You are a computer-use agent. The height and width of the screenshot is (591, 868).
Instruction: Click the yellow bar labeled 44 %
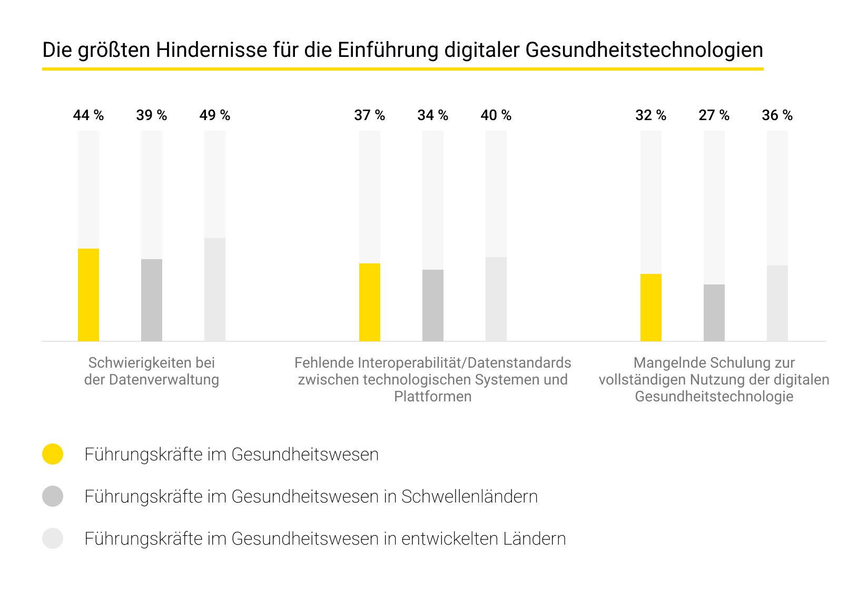coord(88,295)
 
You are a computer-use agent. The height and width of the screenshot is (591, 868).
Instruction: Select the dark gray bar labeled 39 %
coord(152,300)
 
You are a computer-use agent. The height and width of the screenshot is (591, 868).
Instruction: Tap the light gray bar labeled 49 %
coord(215,290)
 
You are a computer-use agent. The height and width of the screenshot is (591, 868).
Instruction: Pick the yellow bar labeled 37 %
coord(370,302)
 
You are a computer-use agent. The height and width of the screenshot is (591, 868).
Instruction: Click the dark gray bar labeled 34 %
coord(433,306)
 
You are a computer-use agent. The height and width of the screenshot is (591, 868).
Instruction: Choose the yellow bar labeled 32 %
coord(651,308)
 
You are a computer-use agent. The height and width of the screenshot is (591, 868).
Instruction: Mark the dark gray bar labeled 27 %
coord(714,313)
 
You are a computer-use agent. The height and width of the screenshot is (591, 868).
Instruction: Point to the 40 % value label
coord(496,115)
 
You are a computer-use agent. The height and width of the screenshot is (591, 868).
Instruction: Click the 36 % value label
coord(777,115)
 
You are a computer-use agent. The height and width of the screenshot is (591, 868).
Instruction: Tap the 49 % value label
coord(214,115)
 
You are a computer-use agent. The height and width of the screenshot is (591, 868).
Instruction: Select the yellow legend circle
coord(53,454)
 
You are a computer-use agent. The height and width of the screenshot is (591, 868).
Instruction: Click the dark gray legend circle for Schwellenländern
coord(53,496)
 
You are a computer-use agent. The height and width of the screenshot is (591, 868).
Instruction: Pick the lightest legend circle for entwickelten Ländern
coord(53,538)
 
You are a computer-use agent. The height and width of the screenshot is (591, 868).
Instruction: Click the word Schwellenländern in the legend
coord(469,497)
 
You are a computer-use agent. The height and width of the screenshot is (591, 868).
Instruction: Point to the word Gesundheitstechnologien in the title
coord(644,51)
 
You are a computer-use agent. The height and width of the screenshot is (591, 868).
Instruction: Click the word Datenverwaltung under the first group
coord(164,380)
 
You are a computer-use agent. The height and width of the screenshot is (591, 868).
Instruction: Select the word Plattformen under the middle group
coord(432,397)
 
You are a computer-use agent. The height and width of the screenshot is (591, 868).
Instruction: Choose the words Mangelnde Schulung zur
coord(714,363)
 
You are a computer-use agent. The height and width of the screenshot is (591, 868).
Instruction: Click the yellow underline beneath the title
coord(402,69)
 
